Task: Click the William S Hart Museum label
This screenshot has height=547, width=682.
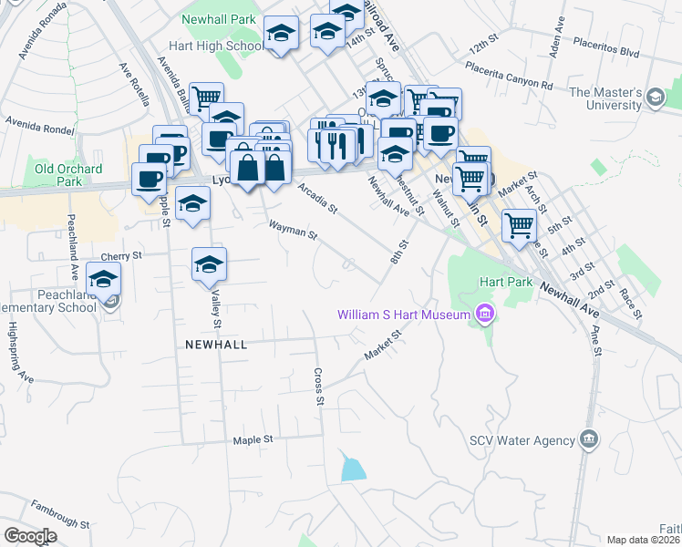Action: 403,315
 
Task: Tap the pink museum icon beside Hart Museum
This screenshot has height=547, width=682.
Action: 484,315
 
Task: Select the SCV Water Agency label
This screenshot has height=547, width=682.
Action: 521,440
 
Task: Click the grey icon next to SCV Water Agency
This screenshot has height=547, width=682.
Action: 589,440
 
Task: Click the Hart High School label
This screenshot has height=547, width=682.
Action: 215,46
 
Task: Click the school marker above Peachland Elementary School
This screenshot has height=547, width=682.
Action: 104,278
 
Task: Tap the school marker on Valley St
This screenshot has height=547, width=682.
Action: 210,264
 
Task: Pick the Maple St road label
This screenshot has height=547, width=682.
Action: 253,439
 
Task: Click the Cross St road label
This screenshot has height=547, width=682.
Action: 318,386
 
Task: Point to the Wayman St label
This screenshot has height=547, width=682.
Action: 292,230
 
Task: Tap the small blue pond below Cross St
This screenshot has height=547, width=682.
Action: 352,470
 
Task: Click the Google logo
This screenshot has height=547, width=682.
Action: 30,536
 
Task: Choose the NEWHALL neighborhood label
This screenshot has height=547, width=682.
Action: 215,345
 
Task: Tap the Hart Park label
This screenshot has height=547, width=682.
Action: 507,283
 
